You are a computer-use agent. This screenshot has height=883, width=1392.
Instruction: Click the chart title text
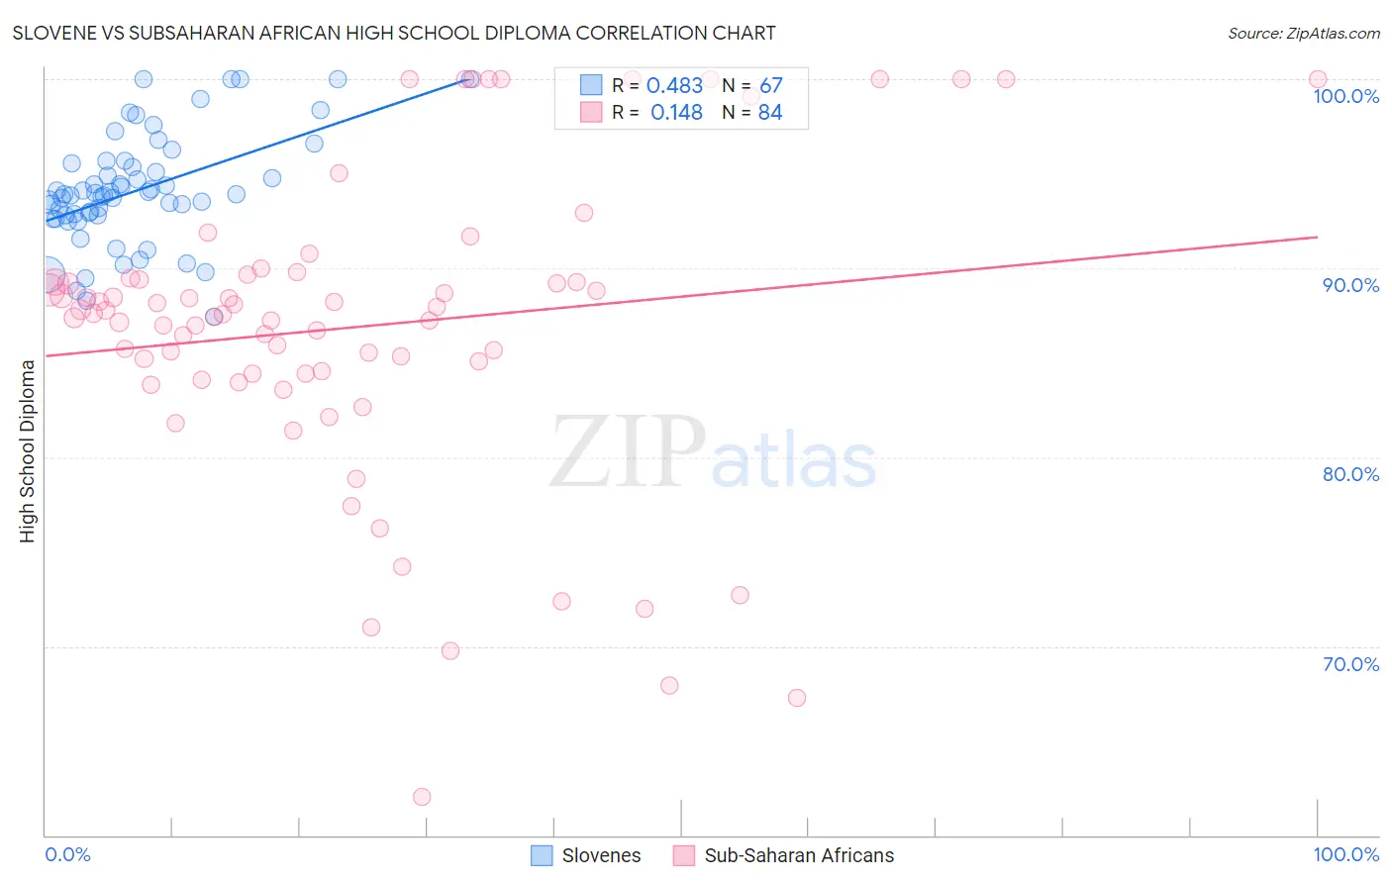click(394, 33)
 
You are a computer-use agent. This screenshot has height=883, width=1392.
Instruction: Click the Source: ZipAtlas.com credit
click(1303, 33)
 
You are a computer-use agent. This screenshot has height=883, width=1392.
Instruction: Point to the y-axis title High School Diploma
click(27, 450)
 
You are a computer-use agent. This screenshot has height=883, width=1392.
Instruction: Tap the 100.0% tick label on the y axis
click(1345, 96)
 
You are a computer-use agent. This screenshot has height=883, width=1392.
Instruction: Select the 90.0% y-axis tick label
click(1350, 285)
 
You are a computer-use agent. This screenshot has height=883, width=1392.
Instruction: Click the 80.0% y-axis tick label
click(1350, 474)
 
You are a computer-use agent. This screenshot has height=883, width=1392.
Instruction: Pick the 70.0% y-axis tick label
click(1350, 664)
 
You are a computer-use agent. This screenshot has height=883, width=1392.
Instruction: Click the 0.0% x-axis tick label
click(67, 854)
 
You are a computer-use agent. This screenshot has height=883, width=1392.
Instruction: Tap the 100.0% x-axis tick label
click(1345, 854)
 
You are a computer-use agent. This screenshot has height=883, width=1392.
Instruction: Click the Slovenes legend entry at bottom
click(586, 855)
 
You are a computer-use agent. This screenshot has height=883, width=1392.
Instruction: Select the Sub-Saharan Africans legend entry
click(783, 855)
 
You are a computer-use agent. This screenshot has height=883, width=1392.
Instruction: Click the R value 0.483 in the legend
click(674, 86)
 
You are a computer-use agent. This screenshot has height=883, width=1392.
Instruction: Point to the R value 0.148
click(676, 113)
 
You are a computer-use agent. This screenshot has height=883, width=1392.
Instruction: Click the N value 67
click(770, 86)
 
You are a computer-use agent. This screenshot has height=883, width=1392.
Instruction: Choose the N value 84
click(769, 113)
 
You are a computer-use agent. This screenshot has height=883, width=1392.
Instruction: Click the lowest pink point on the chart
click(422, 797)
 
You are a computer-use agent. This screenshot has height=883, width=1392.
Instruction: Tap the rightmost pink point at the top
click(1317, 79)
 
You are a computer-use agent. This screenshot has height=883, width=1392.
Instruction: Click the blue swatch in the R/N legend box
click(591, 85)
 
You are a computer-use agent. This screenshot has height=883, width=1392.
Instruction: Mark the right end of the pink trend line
click(1317, 237)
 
